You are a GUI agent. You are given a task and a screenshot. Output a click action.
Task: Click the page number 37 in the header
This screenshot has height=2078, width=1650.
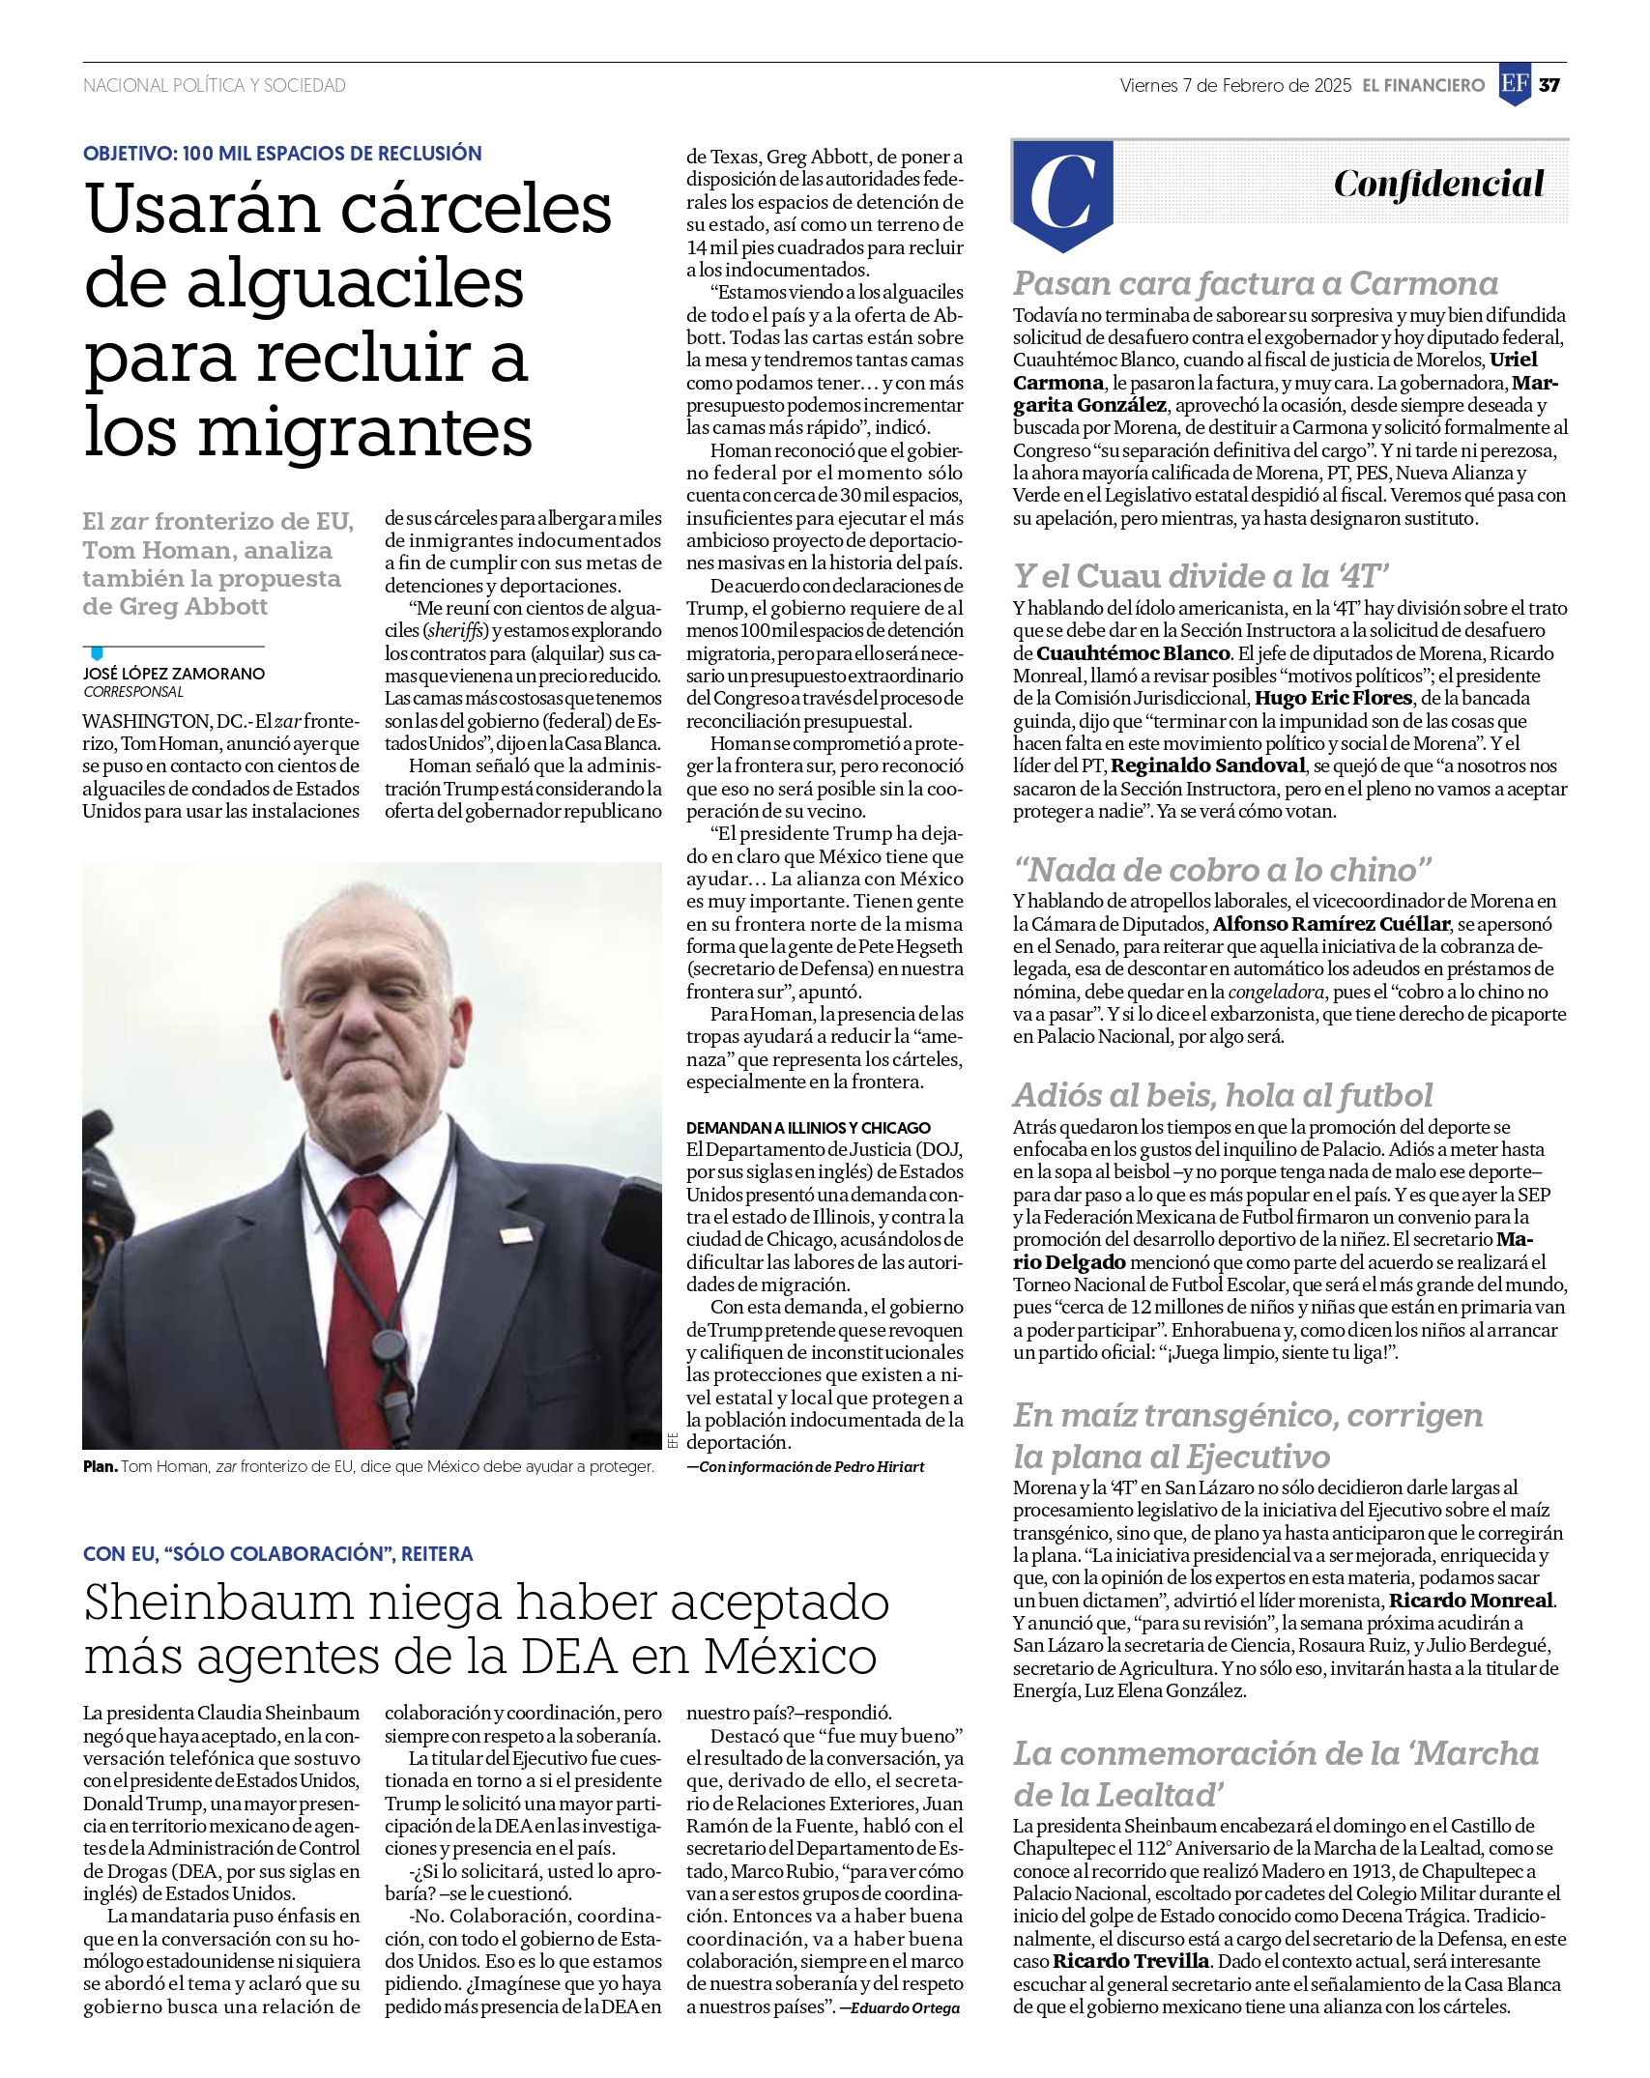[x=1549, y=85]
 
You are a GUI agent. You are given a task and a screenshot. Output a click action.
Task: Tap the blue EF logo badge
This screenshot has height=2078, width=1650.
[x=1515, y=84]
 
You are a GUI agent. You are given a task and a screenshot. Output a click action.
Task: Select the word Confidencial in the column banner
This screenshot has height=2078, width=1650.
[x=1438, y=184]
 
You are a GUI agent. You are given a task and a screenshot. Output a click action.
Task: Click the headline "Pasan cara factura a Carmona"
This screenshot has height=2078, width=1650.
[x=1255, y=283]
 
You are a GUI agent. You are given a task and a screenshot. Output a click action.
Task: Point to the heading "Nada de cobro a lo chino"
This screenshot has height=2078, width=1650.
[x=1222, y=870]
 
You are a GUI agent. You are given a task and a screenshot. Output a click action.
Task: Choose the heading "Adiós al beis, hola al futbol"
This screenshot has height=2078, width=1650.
[x=1222, y=1095]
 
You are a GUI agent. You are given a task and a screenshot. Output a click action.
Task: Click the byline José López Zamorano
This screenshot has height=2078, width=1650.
[x=174, y=674]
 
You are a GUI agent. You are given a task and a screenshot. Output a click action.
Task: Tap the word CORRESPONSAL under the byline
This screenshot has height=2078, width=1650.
[x=133, y=692]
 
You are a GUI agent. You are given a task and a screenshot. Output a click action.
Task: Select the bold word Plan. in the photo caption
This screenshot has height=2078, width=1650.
[x=100, y=1466]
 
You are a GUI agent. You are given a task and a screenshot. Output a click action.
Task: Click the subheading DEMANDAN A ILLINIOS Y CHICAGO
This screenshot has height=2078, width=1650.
[x=808, y=1128]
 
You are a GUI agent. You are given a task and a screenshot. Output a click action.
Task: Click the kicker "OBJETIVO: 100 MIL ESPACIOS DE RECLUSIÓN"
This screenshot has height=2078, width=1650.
[x=282, y=154]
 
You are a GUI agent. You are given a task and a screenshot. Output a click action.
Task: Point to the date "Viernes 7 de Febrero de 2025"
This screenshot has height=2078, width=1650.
[x=1235, y=85]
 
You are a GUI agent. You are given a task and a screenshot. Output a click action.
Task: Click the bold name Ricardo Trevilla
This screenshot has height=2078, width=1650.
[x=1130, y=1961]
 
